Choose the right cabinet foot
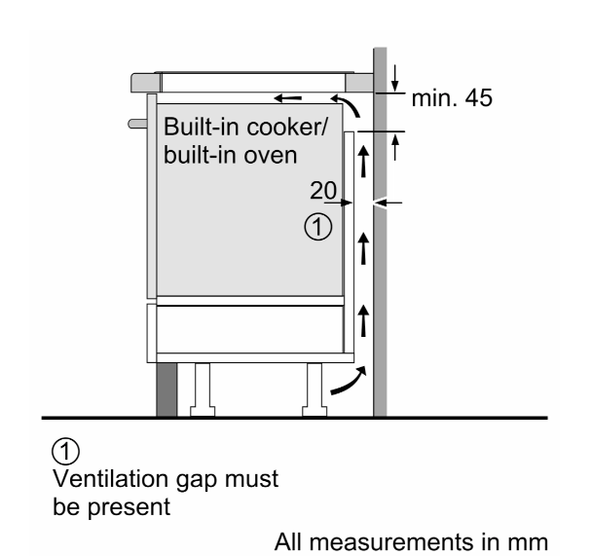tap(315, 388)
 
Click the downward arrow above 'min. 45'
tap(394, 74)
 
